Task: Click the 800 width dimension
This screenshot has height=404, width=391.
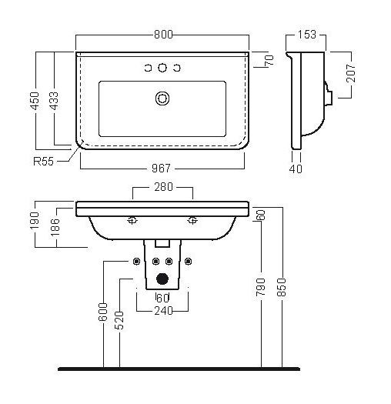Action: coord(163,35)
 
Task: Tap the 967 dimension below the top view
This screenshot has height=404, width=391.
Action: coord(161,169)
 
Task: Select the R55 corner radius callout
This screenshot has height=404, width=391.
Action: coord(43,162)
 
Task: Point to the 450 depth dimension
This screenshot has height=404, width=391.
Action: coord(35,101)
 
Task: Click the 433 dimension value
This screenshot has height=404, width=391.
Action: coord(54,101)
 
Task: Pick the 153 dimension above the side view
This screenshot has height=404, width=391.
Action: coord(306,35)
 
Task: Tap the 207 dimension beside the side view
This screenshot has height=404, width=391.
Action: coord(351,73)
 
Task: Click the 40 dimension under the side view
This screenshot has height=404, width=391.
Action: coord(296,169)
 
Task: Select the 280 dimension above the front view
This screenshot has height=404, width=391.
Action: coord(163,187)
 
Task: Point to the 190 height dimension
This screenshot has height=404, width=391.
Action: coord(35,221)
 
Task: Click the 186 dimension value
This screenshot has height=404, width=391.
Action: coord(55,227)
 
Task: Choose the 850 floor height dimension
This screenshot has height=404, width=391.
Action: coord(282,287)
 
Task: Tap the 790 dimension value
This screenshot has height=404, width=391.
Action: coord(261,287)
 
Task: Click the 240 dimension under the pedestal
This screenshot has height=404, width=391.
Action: coord(163,311)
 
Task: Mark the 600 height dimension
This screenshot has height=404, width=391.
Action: coord(103,312)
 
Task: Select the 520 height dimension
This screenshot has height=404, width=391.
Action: coord(120,320)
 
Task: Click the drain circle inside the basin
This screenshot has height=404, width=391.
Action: coord(162,98)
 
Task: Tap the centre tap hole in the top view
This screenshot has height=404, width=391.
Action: coord(162,68)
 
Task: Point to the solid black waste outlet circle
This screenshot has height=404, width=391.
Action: coord(162,279)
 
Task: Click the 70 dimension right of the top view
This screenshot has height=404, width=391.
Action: coord(269,60)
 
